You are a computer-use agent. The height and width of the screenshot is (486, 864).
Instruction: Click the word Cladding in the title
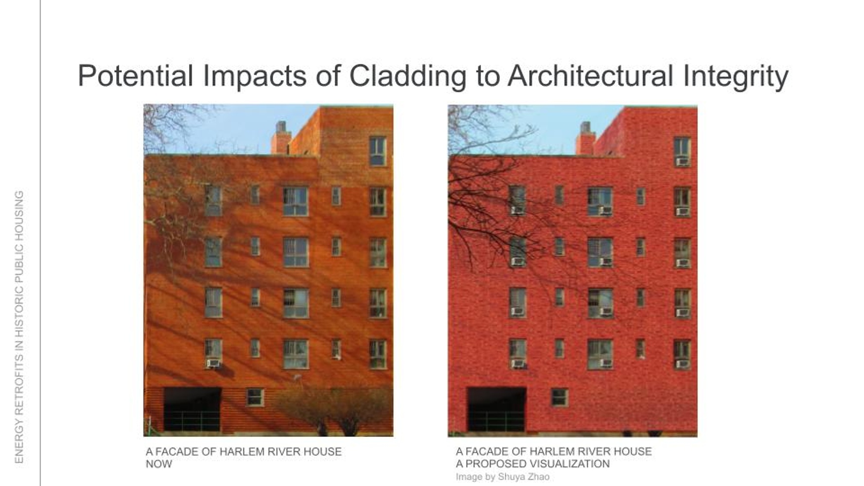tap(407, 76)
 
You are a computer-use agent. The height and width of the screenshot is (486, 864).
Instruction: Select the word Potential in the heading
tap(136, 76)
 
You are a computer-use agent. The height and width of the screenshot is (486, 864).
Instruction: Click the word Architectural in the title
tap(590, 76)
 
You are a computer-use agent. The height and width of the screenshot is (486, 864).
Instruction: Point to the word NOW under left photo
tap(159, 464)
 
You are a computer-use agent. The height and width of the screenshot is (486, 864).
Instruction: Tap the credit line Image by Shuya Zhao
tap(502, 477)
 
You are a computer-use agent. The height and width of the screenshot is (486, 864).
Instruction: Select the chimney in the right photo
tap(585, 138)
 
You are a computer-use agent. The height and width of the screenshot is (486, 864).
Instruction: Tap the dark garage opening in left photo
tap(192, 409)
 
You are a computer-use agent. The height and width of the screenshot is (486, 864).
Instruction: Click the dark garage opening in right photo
tap(497, 409)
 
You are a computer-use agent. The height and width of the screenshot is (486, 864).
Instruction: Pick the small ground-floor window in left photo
tap(255, 397)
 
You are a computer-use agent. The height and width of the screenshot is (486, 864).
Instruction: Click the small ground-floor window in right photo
tap(560, 398)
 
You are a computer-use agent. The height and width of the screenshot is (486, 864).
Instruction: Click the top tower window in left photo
tap(378, 151)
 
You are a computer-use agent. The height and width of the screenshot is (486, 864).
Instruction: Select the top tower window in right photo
tap(682, 152)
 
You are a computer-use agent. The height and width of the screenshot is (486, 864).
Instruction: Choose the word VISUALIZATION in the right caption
tap(570, 464)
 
